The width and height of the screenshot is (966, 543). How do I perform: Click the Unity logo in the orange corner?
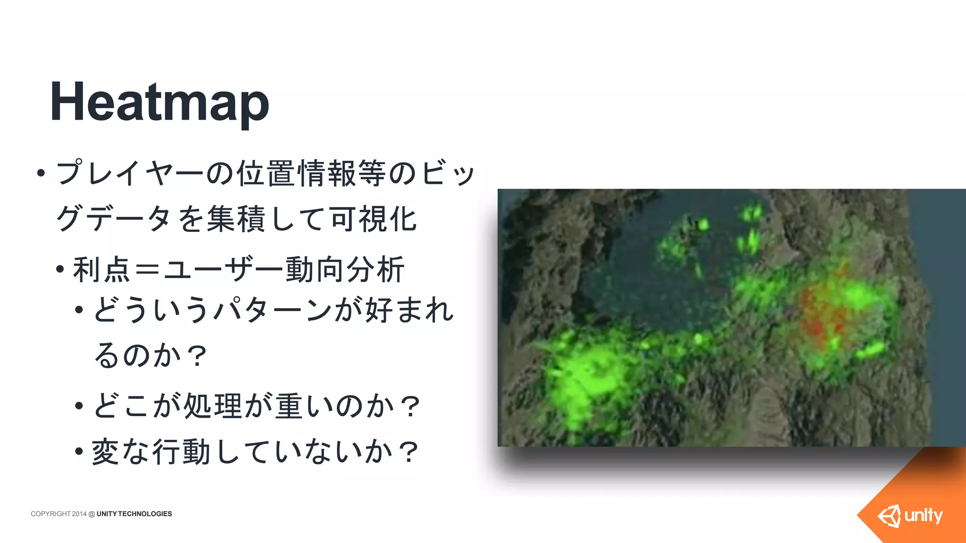tap(910, 516)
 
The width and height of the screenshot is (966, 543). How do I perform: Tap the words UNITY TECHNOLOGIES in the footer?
tap(134, 514)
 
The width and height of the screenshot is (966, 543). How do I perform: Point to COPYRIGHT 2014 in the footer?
tap(58, 514)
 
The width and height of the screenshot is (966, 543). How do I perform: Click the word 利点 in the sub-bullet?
tap(101, 270)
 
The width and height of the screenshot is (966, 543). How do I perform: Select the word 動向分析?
tap(345, 270)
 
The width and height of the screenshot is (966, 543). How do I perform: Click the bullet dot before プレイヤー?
tap(41, 173)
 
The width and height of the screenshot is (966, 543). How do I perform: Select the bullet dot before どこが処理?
tap(79, 405)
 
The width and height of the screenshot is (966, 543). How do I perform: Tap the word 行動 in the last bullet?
tap(181, 452)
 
